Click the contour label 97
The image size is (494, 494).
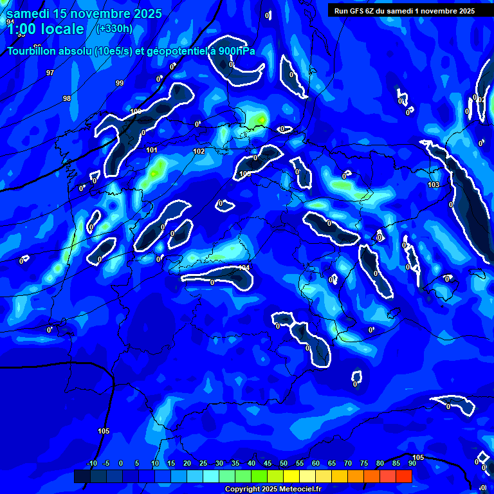coord(50,73)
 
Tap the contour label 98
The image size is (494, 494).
coord(67,98)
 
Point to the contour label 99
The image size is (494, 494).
coord(120,83)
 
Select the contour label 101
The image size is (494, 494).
coord(151,150)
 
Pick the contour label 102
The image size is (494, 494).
coord(199,151)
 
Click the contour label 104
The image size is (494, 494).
coord(244,268)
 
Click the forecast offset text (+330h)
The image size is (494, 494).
coord(114,28)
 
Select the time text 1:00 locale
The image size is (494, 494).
coord(46,29)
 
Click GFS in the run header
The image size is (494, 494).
coord(360,10)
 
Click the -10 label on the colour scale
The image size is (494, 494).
coord(91,463)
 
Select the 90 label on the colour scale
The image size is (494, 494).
coord(412,463)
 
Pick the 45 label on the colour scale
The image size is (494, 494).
coord(268,463)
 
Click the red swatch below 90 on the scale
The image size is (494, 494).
coord(404,476)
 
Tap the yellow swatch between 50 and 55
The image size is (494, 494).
coord(291,476)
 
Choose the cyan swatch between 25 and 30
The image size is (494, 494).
coord(211,476)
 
